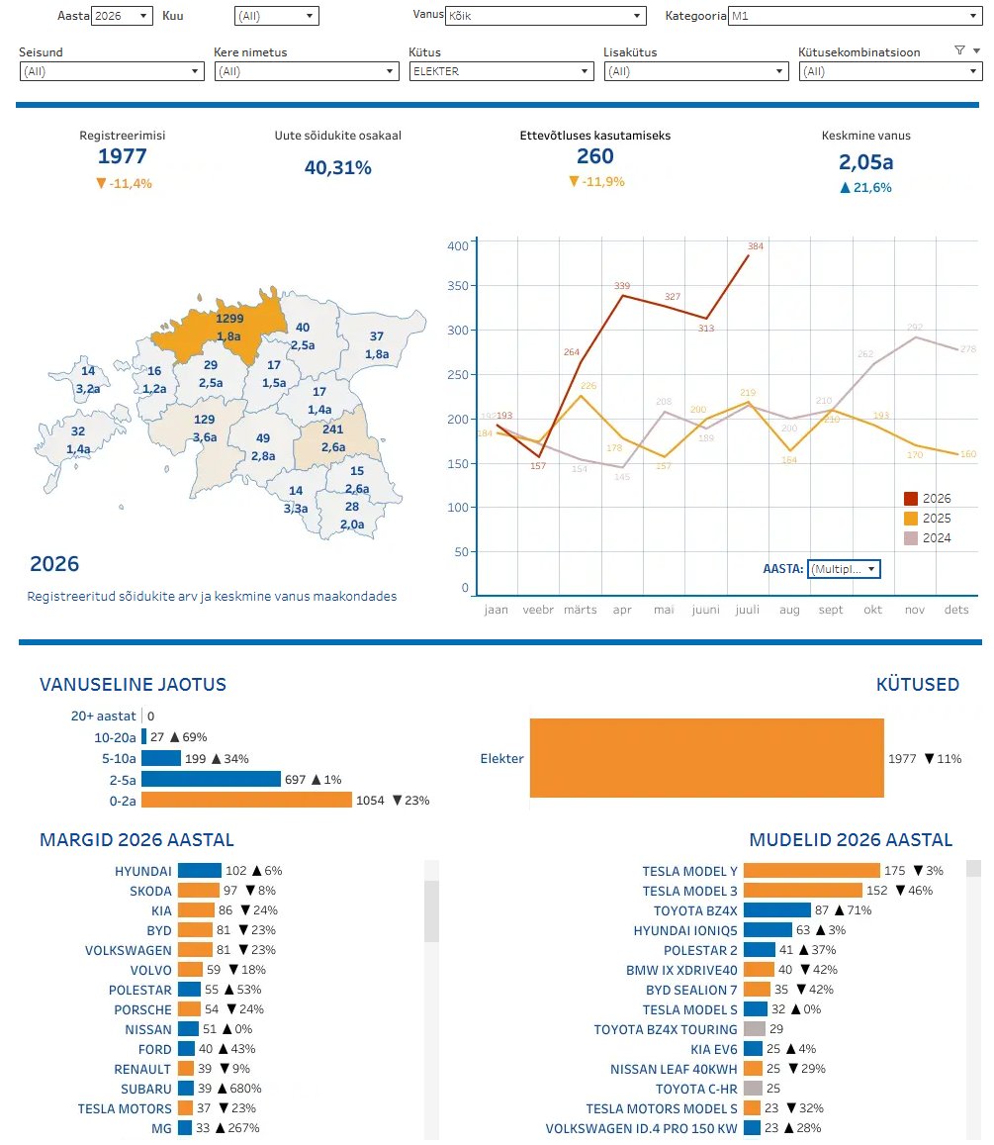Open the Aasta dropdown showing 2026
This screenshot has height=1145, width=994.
[122, 15]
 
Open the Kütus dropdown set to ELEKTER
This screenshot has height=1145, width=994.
[500, 71]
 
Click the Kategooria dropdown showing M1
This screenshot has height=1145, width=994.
[855, 15]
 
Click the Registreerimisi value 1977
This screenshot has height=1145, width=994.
[123, 156]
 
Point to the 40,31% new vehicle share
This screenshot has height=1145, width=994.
[338, 168]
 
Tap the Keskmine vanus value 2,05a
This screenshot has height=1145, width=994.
[865, 162]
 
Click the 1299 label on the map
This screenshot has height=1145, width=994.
[229, 319]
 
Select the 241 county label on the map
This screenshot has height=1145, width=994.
[332, 429]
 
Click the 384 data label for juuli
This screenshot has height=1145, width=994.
[756, 246]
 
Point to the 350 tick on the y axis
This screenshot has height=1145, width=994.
[458, 286]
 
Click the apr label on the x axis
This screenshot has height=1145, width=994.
[622, 610]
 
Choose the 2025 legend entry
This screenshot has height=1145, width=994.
[928, 519]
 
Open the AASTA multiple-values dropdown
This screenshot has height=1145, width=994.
[845, 569]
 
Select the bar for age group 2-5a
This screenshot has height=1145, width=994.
[211, 779]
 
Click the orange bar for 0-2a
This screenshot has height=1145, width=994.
[246, 801]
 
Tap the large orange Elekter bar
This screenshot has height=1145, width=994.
[706, 758]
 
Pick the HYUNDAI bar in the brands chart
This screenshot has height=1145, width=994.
[199, 871]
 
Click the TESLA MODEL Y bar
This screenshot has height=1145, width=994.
[812, 871]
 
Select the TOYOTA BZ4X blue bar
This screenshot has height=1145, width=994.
[777, 909]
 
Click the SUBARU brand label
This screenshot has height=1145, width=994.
[146, 1089]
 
